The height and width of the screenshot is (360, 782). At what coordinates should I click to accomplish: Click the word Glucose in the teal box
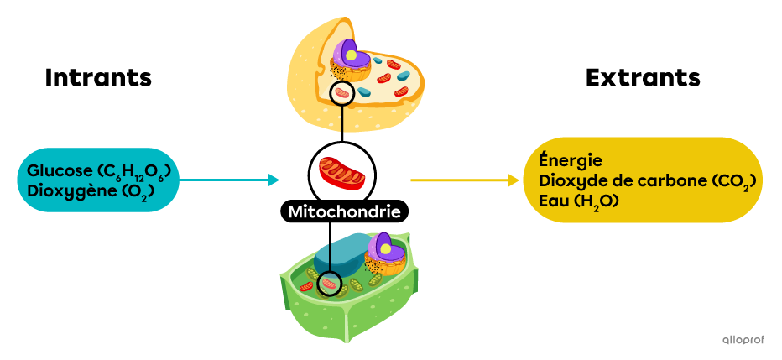click(x=60, y=170)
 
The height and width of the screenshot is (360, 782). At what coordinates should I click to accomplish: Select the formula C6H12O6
click(x=135, y=172)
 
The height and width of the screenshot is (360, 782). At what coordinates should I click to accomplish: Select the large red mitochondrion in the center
click(x=341, y=171)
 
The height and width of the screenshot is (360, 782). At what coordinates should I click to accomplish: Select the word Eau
click(x=555, y=201)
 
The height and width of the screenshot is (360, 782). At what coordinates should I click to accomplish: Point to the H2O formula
click(x=591, y=202)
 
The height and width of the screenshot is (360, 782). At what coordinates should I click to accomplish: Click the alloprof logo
click(x=743, y=339)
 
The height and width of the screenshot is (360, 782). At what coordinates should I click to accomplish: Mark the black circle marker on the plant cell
click(x=330, y=285)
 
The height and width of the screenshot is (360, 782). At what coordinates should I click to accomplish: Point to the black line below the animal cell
click(x=341, y=118)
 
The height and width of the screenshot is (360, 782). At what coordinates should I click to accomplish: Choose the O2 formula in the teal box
click(x=133, y=191)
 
